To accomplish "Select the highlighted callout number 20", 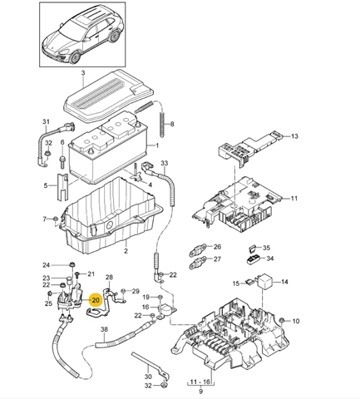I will pos(96,300).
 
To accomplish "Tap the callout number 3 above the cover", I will pos(84,75).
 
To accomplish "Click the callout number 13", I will pos(293,135).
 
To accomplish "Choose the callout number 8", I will pos(172,126).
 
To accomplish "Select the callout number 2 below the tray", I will pos(126,250).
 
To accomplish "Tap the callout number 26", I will pos(217,247).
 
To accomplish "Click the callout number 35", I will pos(268,248).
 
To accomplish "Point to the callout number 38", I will pos(104,330).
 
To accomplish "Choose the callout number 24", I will pos(46,265).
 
